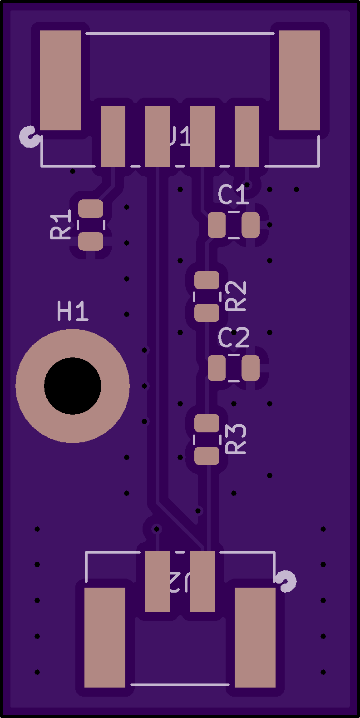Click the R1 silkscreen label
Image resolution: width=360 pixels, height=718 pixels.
click(61, 224)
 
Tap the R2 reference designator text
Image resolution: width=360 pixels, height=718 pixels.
click(236, 296)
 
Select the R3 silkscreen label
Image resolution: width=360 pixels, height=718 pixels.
click(236, 439)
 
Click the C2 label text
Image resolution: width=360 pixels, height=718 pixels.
click(234, 338)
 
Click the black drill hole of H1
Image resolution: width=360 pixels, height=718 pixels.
click(73, 386)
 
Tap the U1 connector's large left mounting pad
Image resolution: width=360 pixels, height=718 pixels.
click(60, 80)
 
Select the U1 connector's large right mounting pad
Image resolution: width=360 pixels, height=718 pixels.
click(299, 80)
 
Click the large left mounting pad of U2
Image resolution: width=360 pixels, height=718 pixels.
click(105, 637)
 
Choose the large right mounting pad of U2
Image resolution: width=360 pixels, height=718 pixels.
click(255, 637)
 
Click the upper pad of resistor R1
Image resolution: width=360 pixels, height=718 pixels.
click(91, 209)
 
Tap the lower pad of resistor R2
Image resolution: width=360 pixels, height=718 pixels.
click(207, 313)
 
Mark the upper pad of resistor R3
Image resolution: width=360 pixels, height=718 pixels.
click(207, 423)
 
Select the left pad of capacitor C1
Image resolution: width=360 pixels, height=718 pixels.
click(217, 225)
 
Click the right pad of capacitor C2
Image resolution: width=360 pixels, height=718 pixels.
click(251, 368)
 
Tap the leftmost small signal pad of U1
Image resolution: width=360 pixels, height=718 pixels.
click(113, 137)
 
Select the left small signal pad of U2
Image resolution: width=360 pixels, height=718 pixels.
click(158, 581)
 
